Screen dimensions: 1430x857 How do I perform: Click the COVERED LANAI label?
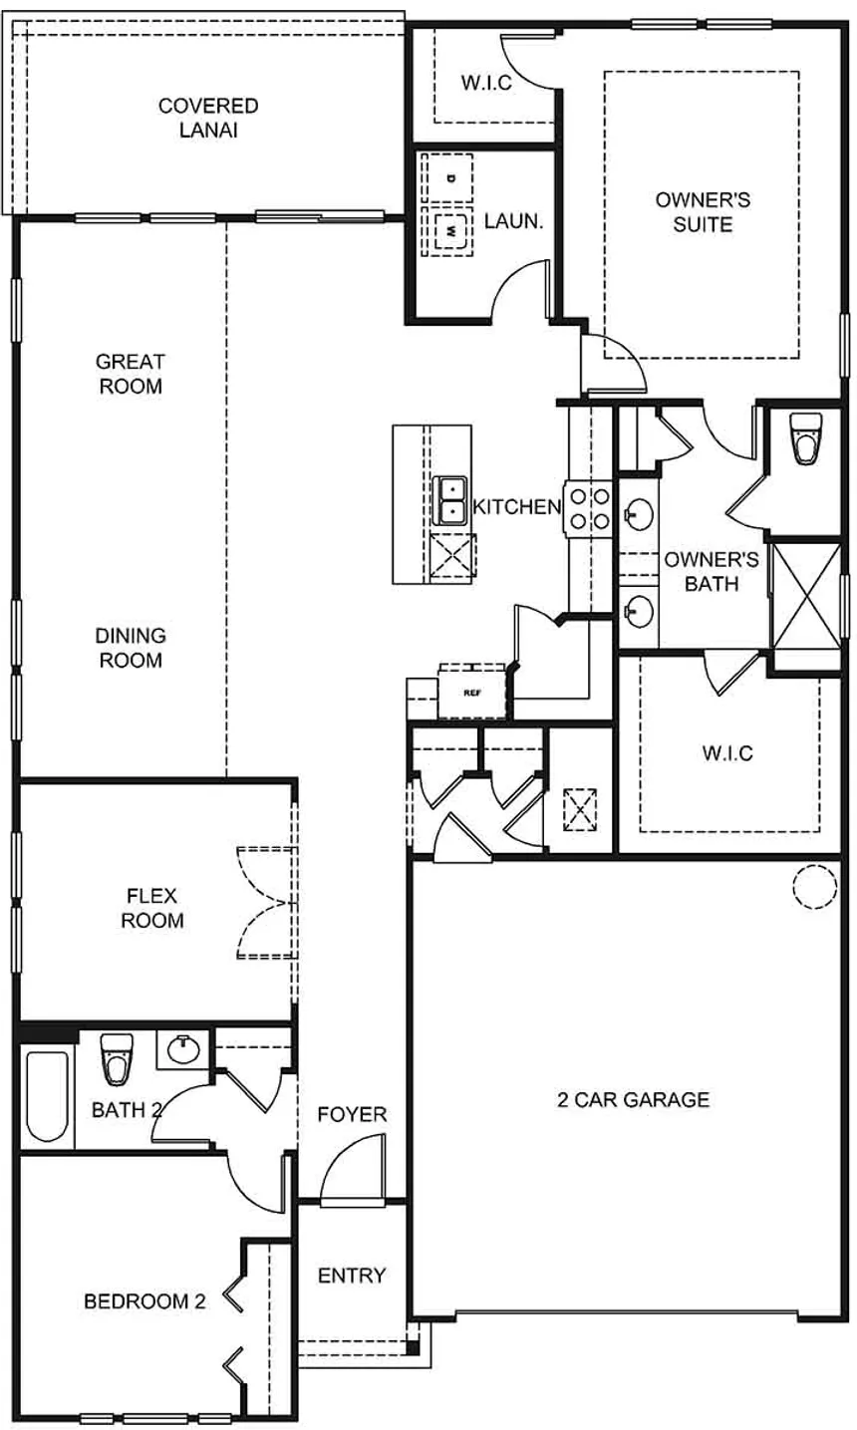(208, 118)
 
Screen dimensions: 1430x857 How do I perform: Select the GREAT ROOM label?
(130, 373)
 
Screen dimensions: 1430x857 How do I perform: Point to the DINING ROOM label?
(131, 647)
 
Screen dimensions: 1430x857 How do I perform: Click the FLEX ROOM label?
(152, 907)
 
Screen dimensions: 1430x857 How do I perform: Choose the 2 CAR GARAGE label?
(633, 1099)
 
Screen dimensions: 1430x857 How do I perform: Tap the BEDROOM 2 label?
(144, 1300)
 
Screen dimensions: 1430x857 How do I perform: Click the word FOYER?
(352, 1114)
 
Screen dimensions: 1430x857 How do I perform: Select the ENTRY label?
(351, 1275)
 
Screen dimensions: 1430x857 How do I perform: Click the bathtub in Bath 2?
(47, 1095)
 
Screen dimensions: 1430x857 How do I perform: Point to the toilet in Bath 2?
(117, 1059)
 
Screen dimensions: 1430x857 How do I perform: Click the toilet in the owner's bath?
(805, 439)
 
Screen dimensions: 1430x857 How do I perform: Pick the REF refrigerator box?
(472, 690)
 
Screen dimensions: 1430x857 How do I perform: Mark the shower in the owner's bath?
(807, 594)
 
